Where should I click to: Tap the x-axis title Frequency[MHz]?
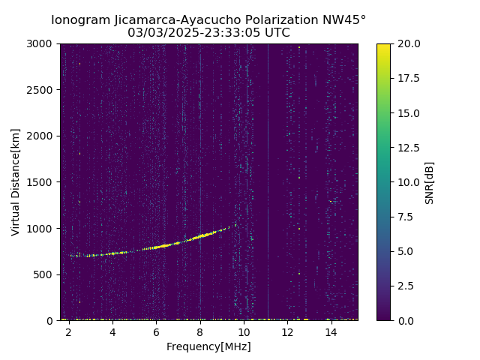(x=208, y=346)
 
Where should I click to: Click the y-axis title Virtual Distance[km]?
(x=16, y=181)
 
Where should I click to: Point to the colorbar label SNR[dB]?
(x=430, y=182)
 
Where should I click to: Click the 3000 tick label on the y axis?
(x=42, y=43)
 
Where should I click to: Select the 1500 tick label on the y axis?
(x=42, y=182)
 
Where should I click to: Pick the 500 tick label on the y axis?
(x=45, y=274)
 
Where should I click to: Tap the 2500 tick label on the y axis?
(x=42, y=90)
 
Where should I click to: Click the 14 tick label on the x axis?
(x=331, y=332)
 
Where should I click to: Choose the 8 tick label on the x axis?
(x=200, y=332)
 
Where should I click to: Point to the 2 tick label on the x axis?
(x=69, y=332)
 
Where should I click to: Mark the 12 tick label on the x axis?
(x=287, y=332)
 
